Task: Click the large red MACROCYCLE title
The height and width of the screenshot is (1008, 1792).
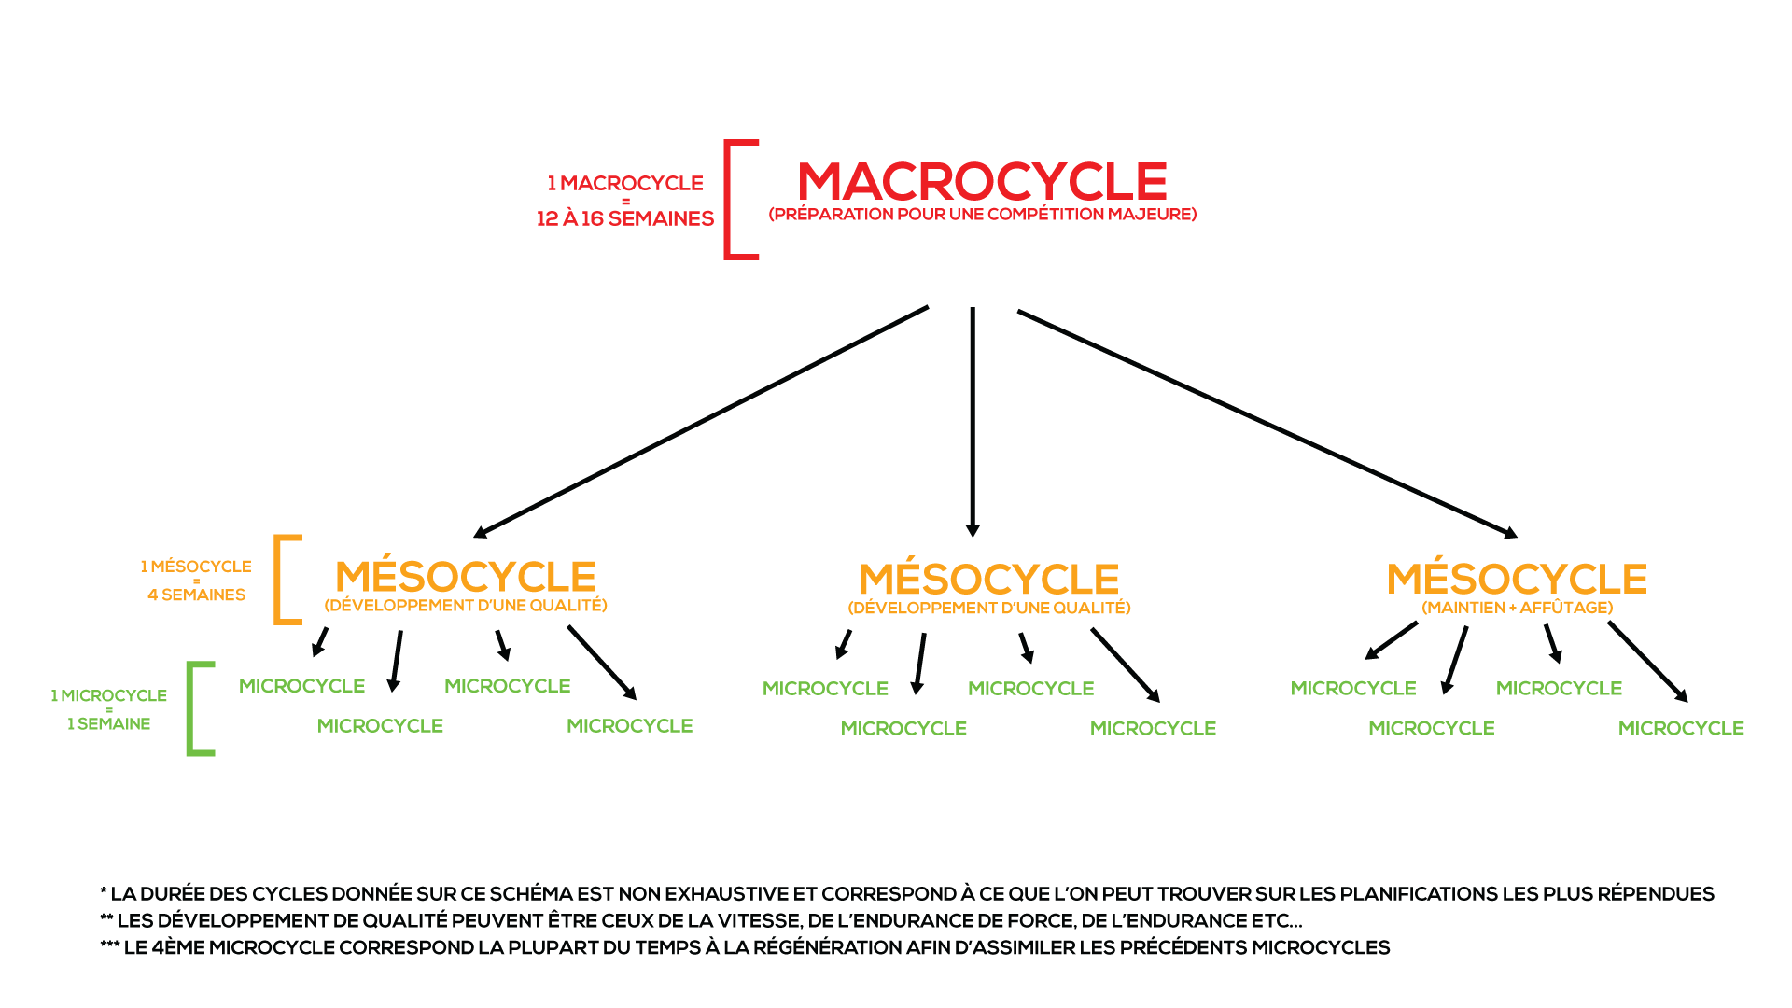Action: (982, 181)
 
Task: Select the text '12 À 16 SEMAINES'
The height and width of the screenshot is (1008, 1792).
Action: (624, 218)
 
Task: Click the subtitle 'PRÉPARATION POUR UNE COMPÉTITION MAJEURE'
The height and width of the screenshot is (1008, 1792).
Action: (982, 215)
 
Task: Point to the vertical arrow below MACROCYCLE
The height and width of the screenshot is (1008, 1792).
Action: (973, 420)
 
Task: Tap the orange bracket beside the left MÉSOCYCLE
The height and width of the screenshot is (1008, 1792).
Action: (278, 579)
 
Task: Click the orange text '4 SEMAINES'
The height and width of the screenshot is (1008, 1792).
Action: (196, 595)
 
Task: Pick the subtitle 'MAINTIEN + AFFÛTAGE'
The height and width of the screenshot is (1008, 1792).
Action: (1517, 608)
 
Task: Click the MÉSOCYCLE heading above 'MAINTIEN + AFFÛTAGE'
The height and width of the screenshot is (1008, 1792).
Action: (1517, 579)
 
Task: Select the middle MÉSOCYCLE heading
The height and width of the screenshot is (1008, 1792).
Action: (988, 580)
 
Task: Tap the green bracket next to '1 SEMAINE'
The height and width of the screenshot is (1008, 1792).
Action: (191, 708)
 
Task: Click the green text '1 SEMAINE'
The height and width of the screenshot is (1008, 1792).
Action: (108, 724)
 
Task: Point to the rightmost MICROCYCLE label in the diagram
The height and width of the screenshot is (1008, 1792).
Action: (1680, 728)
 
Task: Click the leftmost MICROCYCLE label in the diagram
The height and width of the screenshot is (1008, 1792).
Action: (301, 686)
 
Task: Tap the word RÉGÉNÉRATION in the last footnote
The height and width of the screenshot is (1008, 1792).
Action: (819, 948)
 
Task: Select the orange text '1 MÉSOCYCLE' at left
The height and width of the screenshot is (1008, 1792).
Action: (196, 567)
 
